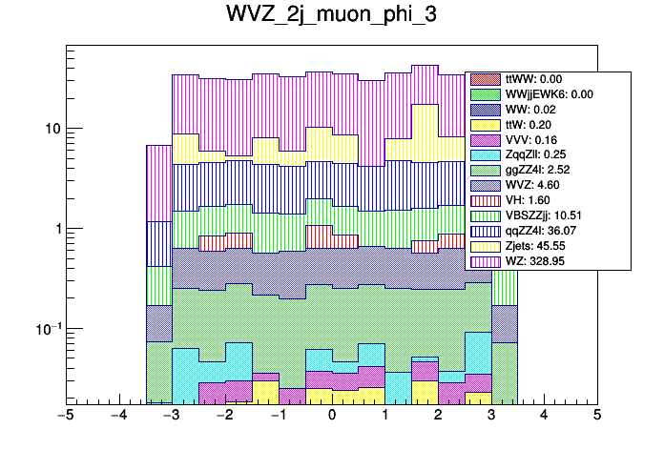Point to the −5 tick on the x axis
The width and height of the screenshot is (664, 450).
66,416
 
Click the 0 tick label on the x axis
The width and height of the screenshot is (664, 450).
331,416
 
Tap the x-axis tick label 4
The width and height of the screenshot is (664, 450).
544,416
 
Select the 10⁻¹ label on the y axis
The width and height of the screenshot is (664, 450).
44,329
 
